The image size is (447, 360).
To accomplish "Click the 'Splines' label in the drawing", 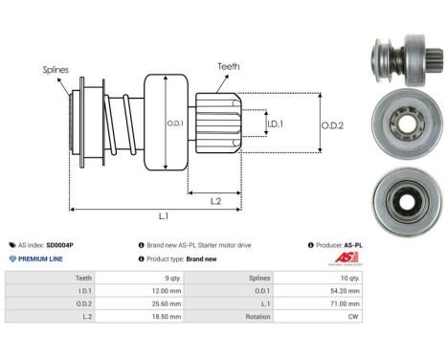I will (55, 69).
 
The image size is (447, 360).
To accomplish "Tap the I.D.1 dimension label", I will (275, 124).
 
